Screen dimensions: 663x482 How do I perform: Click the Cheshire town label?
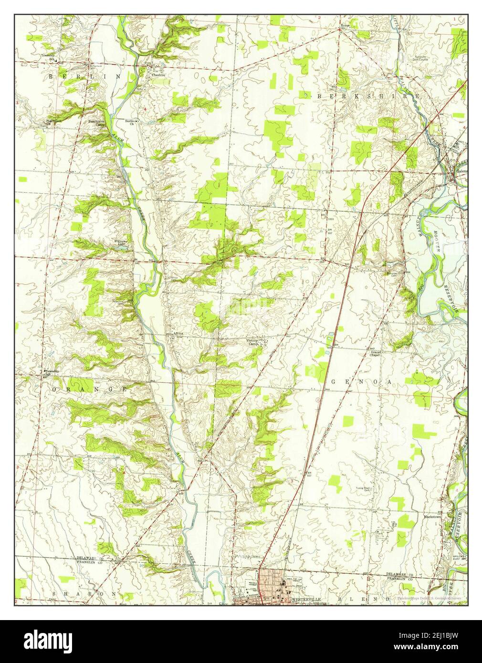(158, 74)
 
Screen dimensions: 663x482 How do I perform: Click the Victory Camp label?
(251, 342)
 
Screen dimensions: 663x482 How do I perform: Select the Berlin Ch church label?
(129, 123)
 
